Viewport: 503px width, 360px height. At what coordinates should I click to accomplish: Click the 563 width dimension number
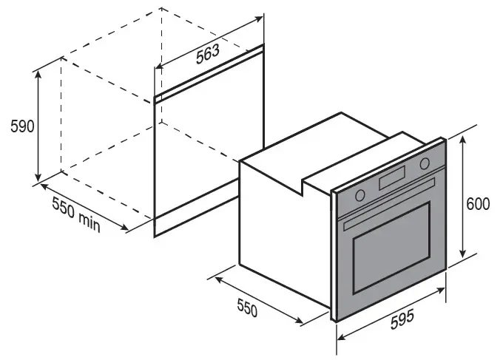[208, 54]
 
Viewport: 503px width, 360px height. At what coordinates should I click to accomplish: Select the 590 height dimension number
[22, 126]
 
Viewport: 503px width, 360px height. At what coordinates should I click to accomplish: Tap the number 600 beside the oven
[478, 204]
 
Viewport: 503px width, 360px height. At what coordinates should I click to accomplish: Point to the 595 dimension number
[402, 319]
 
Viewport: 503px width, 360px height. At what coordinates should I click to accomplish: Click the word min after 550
[90, 222]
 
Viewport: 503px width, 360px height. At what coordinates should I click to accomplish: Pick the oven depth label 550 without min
[247, 307]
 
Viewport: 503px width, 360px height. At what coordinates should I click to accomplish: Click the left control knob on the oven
[360, 195]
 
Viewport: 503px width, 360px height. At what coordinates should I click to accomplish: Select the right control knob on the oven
[425, 164]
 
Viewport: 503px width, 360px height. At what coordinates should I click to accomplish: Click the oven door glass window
[392, 248]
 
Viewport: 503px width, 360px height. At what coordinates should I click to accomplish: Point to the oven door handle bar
[389, 204]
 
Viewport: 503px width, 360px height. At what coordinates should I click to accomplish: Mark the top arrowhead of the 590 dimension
[38, 74]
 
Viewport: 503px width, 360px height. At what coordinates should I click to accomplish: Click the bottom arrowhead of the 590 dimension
[38, 177]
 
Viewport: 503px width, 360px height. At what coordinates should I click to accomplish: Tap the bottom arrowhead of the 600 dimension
[462, 254]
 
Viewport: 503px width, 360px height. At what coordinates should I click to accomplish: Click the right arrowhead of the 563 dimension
[258, 18]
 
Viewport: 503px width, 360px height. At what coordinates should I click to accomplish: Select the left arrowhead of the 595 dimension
[341, 336]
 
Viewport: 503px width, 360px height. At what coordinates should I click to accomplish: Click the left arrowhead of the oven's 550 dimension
[219, 279]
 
